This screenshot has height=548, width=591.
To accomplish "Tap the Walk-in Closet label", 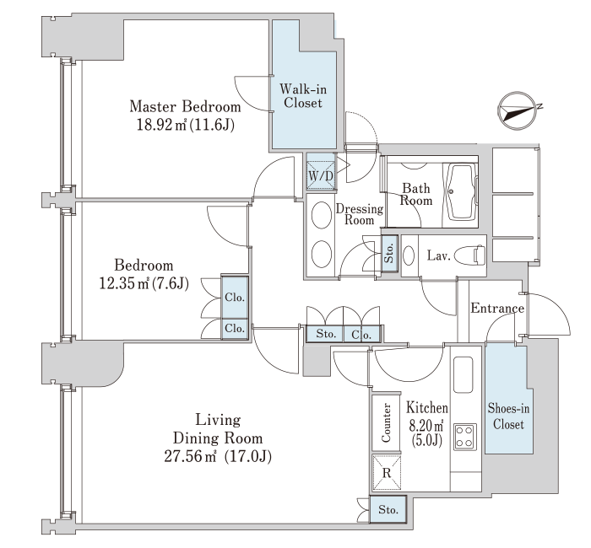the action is pyautogui.click(x=303, y=96).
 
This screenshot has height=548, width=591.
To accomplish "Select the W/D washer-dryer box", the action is pyautogui.click(x=321, y=175).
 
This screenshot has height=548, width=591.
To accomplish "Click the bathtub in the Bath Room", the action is pyautogui.click(x=461, y=191).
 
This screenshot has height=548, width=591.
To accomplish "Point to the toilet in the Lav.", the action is pyautogui.click(x=470, y=255).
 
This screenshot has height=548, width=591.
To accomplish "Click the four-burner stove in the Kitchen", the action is pyautogui.click(x=465, y=437).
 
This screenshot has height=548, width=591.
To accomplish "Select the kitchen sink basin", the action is pyautogui.click(x=464, y=374).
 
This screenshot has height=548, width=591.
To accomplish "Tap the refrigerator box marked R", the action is pyautogui.click(x=387, y=473).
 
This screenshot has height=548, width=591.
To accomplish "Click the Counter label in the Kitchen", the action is pyautogui.click(x=386, y=422).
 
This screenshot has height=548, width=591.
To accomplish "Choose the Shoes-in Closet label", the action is pyautogui.click(x=508, y=416).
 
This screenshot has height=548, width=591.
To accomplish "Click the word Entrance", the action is pyautogui.click(x=497, y=309).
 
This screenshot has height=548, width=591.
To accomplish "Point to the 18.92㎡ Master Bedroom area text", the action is pyautogui.click(x=185, y=125).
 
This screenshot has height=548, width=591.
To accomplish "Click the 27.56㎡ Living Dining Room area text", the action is pyautogui.click(x=218, y=457).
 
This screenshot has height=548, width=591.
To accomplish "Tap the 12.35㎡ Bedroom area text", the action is pyautogui.click(x=144, y=283).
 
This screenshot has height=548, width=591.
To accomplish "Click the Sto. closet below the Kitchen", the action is pyautogui.click(x=388, y=509).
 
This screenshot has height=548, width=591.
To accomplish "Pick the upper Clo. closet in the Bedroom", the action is pyautogui.click(x=235, y=298).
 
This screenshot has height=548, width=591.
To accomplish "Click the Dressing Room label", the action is pyautogui.click(x=359, y=214).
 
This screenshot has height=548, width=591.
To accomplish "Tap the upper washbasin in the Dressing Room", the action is pyautogui.click(x=322, y=215).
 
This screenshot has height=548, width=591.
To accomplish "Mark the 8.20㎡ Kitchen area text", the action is pyautogui.click(x=426, y=432).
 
